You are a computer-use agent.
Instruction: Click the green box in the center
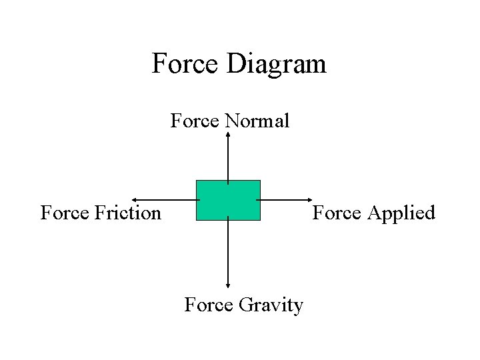click(228, 200)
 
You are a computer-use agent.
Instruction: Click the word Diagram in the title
click(277, 64)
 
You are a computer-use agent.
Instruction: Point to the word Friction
click(128, 213)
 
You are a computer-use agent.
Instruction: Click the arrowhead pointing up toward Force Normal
click(228, 134)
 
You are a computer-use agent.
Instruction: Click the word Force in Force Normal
click(195, 121)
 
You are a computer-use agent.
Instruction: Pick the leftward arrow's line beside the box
click(167, 199)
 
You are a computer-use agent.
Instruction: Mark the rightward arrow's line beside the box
click(283, 199)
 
